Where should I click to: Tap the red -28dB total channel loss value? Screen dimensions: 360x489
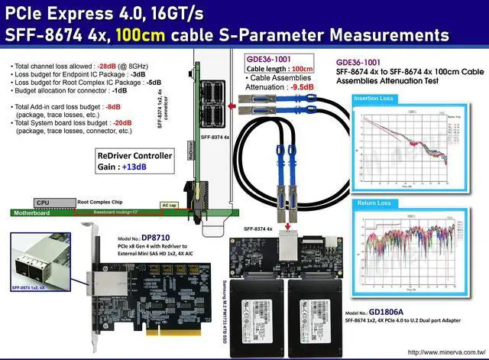coord(108,67)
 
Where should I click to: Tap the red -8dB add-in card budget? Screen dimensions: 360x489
coord(114,106)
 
